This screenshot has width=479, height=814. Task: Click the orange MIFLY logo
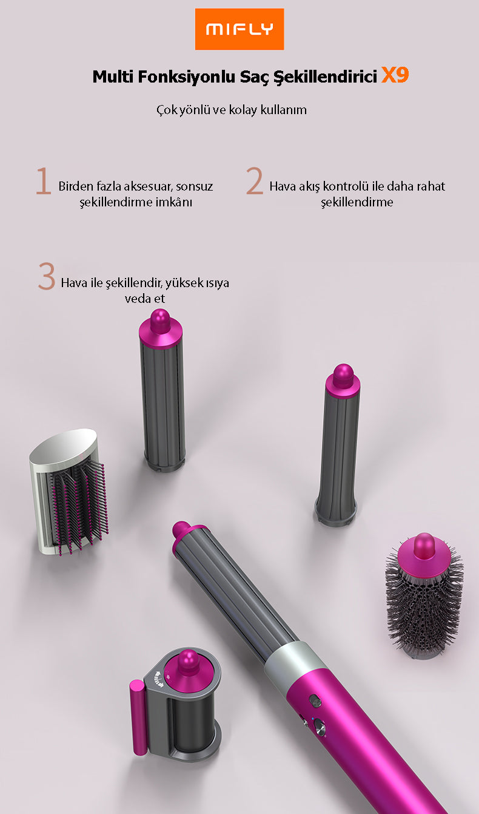point(239,29)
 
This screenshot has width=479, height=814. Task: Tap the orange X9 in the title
point(395,76)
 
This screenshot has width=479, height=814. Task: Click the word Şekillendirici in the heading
point(325,77)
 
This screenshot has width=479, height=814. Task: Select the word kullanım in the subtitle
point(283,110)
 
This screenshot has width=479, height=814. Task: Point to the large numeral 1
point(44,180)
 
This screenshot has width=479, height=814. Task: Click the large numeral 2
point(255,180)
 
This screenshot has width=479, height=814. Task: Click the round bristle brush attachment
point(424,596)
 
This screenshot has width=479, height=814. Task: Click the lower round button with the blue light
point(320,727)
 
